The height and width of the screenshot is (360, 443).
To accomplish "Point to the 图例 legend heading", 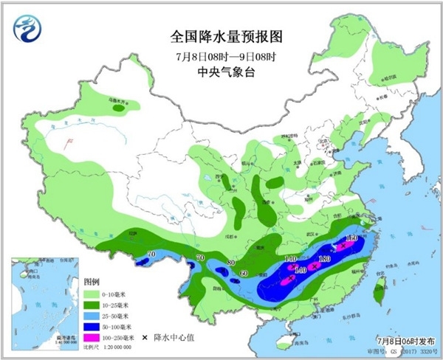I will click(x=92, y=282).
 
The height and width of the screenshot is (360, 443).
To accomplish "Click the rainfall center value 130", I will click(x=323, y=259).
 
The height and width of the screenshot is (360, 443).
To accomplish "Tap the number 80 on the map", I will click(x=231, y=263).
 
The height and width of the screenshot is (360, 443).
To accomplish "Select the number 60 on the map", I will click(x=243, y=274).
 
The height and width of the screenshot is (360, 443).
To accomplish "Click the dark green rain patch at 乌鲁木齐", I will click(x=118, y=108).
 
